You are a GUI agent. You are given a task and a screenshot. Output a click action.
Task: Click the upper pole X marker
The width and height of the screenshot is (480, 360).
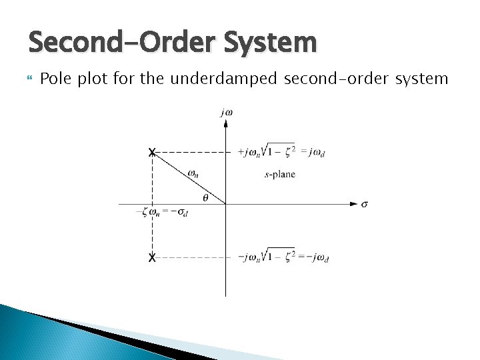[x=152, y=153]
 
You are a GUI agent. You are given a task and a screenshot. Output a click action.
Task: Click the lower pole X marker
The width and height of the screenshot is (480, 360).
[x=152, y=257]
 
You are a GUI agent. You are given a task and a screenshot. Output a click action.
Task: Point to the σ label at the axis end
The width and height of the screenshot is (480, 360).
[x=365, y=204]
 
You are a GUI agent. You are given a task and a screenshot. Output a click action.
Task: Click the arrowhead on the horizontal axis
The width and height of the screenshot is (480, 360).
[x=354, y=203]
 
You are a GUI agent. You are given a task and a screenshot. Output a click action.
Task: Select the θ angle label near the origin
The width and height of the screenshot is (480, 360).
[x=205, y=197]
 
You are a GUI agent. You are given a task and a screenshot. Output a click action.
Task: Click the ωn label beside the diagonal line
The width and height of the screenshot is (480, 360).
[x=193, y=173]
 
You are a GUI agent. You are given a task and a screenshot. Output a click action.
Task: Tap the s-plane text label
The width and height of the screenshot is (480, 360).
[x=280, y=175]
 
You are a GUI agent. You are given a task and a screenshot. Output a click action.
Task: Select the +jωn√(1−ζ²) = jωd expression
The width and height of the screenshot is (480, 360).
[x=283, y=151]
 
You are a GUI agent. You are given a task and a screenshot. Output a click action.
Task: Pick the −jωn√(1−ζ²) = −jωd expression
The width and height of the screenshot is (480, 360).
[x=283, y=257]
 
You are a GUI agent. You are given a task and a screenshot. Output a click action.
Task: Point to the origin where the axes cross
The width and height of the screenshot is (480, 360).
[x=226, y=203]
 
